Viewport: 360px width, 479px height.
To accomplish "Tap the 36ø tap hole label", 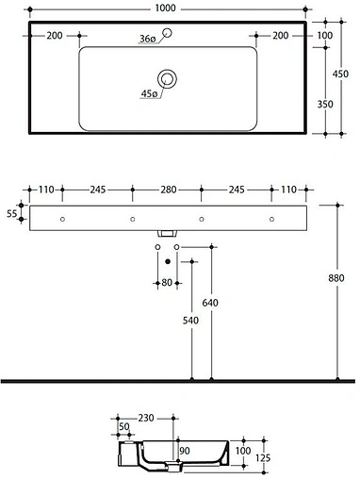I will [147, 39].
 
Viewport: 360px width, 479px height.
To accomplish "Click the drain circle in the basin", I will [168, 79].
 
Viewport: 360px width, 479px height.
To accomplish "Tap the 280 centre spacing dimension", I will [168, 190].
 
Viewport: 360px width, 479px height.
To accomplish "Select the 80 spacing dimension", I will [167, 282].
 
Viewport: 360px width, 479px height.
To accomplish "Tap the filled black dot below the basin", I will [168, 261].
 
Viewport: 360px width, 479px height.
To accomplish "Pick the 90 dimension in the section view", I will [184, 450].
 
